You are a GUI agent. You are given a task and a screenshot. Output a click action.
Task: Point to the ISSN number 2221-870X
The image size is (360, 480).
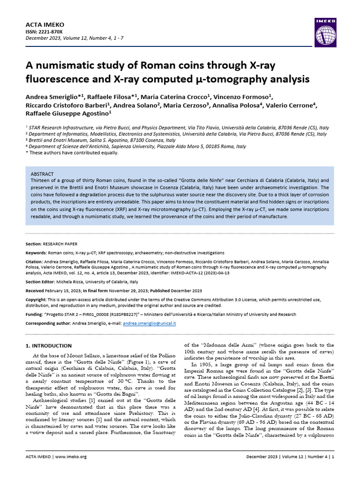tap(47, 31)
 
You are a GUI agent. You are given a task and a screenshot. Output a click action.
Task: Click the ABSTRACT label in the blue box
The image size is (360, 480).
tap(42, 174)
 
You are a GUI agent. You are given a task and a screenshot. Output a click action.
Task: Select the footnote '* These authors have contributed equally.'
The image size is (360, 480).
tap(72, 152)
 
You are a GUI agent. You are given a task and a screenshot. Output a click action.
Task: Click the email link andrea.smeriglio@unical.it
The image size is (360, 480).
tap(149, 323)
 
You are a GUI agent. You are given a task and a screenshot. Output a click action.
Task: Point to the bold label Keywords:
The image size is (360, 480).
tap(36, 253)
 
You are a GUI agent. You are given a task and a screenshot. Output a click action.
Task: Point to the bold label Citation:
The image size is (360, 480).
tap(35, 261)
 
